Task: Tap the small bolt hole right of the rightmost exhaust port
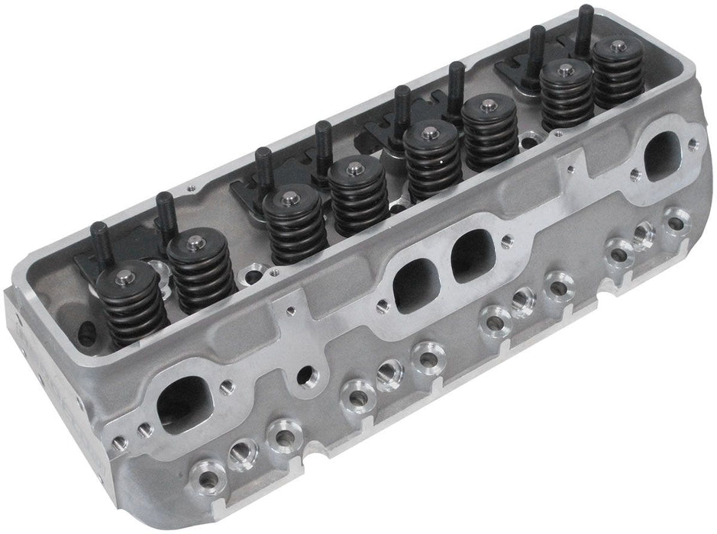click(x=691, y=143)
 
